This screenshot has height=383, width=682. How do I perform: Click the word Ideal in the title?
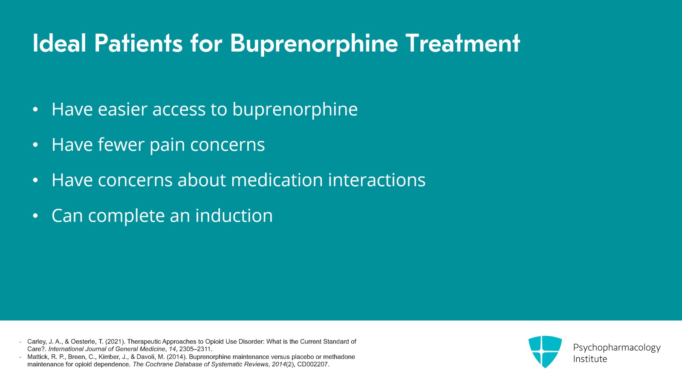pos(59,43)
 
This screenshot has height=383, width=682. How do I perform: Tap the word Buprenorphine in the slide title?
pos(314,44)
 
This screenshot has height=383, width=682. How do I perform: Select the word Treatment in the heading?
pos(462,43)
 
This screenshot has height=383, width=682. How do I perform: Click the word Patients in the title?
pos(138,43)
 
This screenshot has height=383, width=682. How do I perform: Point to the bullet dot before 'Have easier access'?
pos(35,109)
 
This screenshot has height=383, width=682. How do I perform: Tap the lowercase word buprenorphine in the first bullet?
pos(295,110)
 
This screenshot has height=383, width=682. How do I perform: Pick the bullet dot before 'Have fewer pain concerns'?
pos(35,145)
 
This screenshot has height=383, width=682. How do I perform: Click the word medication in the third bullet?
pos(277,180)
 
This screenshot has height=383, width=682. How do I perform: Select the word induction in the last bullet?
pos(234,216)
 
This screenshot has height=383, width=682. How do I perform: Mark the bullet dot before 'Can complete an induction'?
pos(35,216)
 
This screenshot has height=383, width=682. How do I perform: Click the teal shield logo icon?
pos(545,351)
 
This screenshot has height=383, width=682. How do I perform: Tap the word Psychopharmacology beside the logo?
pos(616,348)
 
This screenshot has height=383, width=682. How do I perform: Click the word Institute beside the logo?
pos(590,359)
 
